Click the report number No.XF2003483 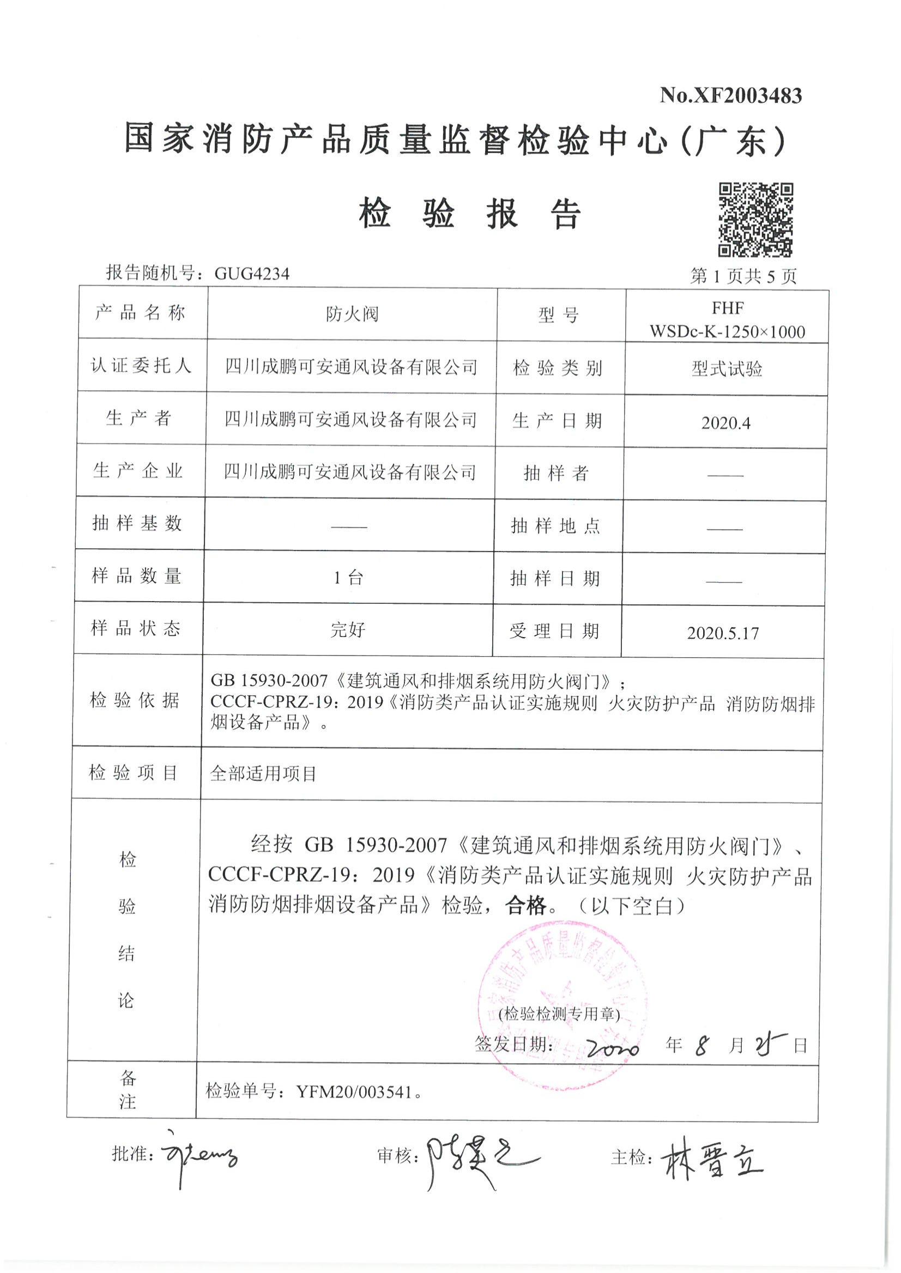tap(730, 96)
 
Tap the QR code tap(755, 220)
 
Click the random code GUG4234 tap(252, 274)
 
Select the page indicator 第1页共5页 tap(743, 276)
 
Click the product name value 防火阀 tap(352, 314)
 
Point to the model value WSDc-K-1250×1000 tap(727, 332)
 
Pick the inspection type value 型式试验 tap(726, 369)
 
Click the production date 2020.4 tap(725, 423)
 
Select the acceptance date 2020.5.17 tap(722, 633)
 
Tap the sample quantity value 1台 tap(348, 578)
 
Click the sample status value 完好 tap(347, 630)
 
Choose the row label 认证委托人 tap(141, 366)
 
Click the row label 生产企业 tap(138, 471)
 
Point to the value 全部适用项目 tap(263, 774)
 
